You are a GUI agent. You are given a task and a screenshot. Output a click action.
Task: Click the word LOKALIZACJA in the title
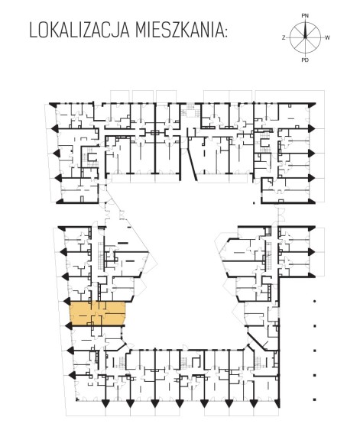click(79, 31)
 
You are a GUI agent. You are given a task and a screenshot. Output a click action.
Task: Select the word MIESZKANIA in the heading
click(178, 31)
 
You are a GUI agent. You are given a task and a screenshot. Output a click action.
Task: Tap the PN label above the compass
click(305, 16)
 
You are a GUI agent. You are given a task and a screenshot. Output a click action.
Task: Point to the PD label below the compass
click(305, 60)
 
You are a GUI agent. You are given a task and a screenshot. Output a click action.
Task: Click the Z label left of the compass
click(284, 37)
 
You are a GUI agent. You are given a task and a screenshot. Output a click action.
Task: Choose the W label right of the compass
click(327, 37)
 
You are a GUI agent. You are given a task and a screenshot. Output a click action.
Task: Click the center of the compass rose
click(305, 37)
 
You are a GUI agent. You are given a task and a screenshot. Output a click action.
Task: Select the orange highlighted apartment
click(98, 314)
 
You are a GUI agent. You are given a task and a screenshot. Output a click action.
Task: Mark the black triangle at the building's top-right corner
click(312, 104)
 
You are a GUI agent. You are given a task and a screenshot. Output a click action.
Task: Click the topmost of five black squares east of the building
click(314, 301)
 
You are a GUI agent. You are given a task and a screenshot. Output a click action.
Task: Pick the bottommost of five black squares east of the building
click(314, 399)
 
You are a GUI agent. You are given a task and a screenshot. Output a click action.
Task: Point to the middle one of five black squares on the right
click(314, 351)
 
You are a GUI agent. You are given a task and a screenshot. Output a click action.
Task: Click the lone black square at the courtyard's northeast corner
click(254, 202)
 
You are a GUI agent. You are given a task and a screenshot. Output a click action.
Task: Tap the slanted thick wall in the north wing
click(192, 165)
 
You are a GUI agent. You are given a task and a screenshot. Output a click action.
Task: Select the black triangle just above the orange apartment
click(67, 301)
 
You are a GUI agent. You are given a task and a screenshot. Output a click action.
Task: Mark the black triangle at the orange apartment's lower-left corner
click(68, 325)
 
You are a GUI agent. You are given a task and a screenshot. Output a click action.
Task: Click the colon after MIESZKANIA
click(225, 33)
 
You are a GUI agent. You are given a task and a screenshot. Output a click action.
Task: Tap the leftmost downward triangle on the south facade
click(105, 403)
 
